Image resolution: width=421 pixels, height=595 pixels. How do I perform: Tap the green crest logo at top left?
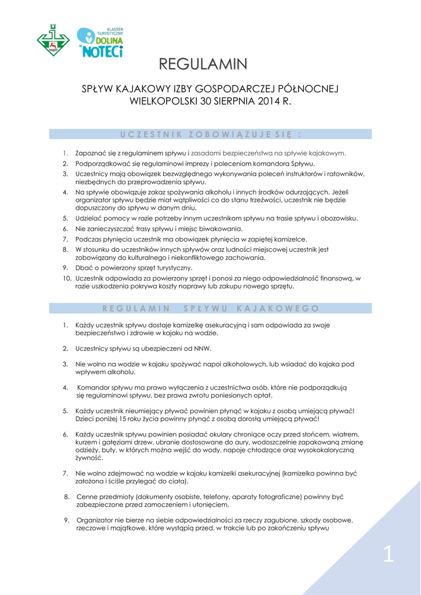coord(53,40)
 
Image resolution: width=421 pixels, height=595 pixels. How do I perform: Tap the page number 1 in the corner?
coord(388,555)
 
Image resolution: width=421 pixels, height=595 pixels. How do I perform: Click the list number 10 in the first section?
coord(67,279)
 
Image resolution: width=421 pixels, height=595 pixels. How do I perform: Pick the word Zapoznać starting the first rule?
coord(91,153)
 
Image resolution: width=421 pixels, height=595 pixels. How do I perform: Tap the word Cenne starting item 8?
coord(87,497)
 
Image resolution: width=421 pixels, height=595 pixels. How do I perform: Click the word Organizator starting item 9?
coord(96,520)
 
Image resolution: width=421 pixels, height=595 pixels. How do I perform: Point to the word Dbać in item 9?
coord(84,268)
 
